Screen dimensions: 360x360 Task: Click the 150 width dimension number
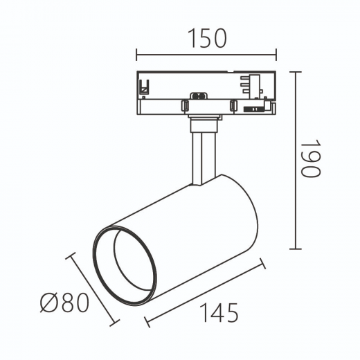(x=207, y=38)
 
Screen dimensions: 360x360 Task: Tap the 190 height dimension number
(x=311, y=159)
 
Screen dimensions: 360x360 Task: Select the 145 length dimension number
(x=219, y=312)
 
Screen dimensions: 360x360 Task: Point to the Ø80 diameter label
(x=64, y=303)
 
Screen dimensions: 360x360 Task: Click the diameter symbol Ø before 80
(x=48, y=303)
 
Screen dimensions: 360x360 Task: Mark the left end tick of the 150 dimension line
(x=136, y=55)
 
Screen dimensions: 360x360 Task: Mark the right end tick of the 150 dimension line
(x=276, y=55)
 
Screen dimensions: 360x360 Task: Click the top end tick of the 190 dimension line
(x=296, y=72)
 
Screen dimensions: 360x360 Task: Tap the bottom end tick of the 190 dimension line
(x=296, y=249)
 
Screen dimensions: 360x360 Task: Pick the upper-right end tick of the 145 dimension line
(x=263, y=263)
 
